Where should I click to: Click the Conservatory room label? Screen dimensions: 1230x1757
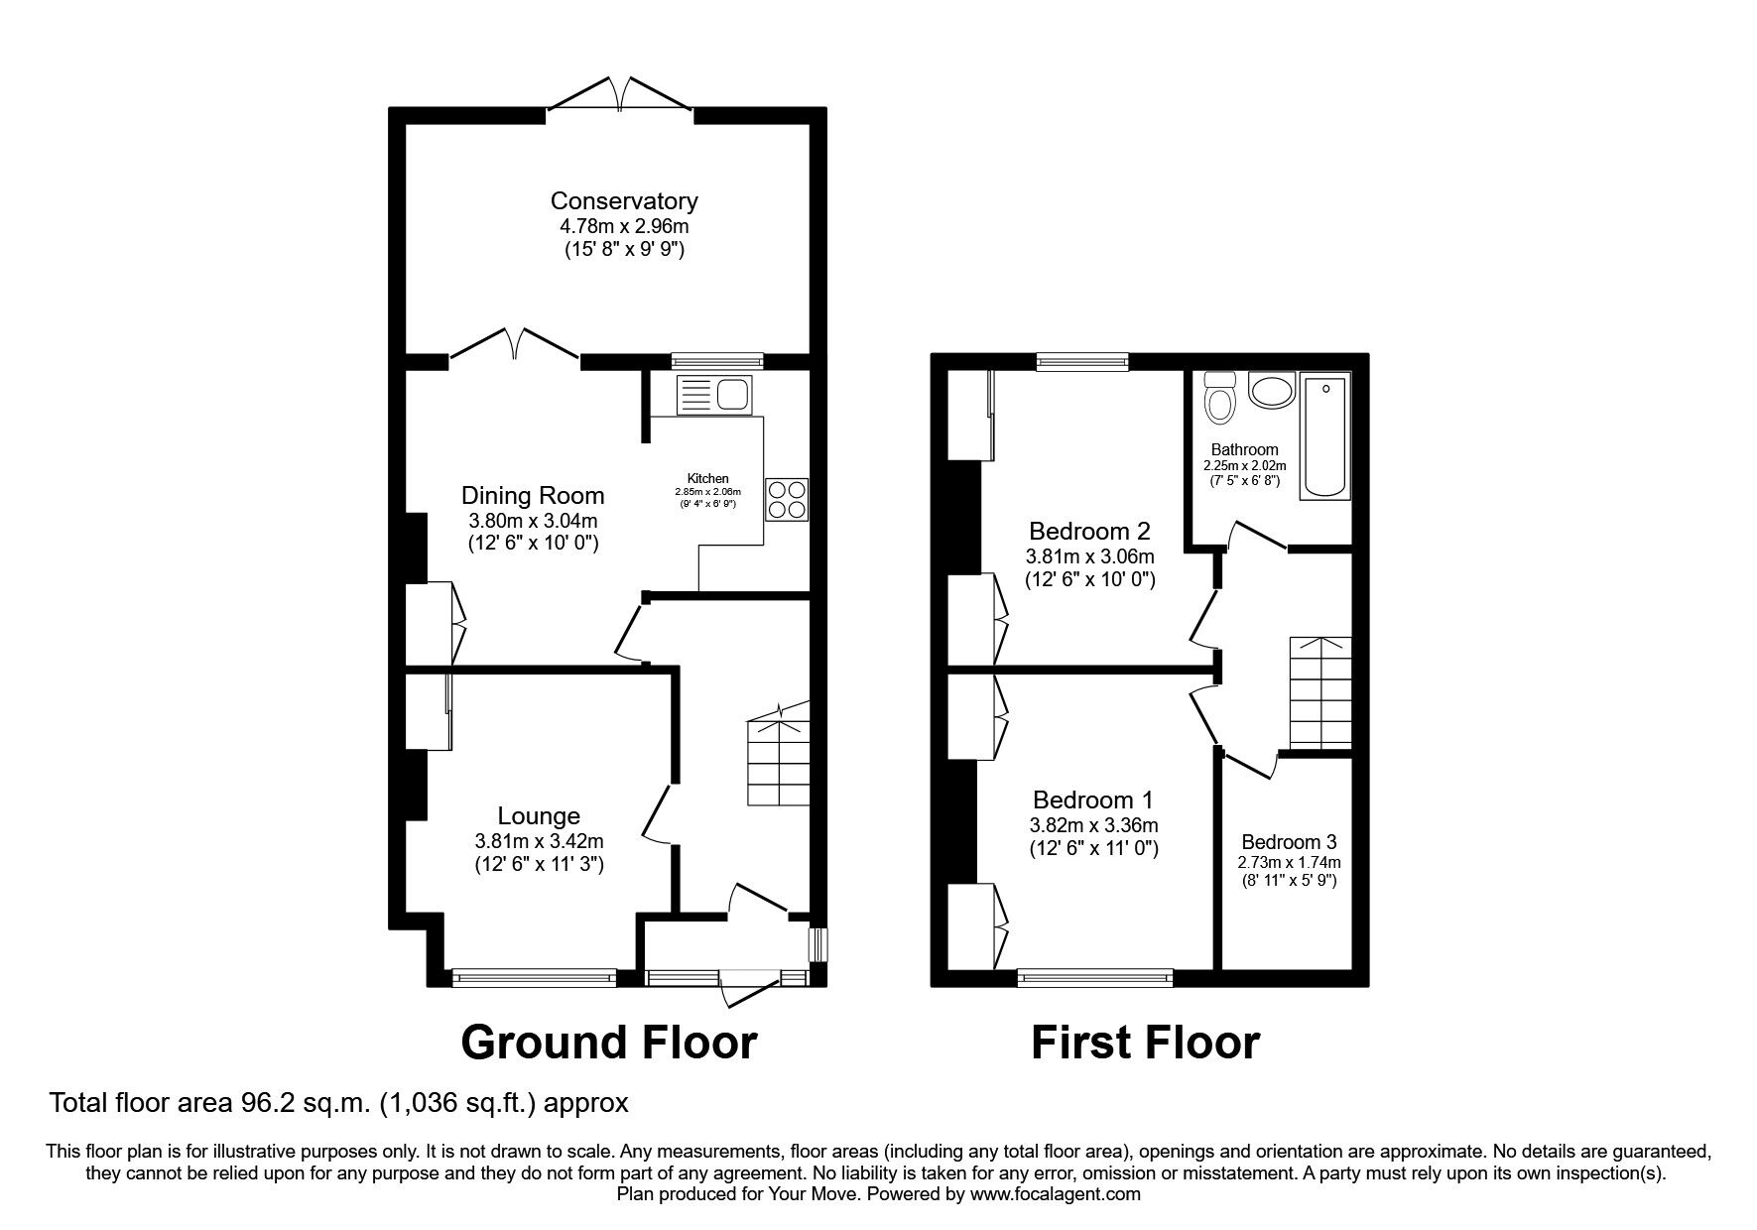pyautogui.click(x=624, y=201)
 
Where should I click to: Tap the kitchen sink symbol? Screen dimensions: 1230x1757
pyautogui.click(x=714, y=395)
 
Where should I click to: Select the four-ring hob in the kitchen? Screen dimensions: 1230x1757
pyautogui.click(x=786, y=498)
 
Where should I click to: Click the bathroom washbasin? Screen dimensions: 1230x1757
pyautogui.click(x=1272, y=390)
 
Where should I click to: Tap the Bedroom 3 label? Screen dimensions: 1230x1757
pyautogui.click(x=1289, y=842)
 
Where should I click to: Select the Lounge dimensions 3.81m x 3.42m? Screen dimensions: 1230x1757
pyautogui.click(x=539, y=841)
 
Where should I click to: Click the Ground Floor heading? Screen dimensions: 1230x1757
pyautogui.click(x=609, y=1043)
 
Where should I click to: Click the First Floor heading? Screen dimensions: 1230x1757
pyautogui.click(x=1145, y=1043)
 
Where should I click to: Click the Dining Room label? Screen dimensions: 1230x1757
pyautogui.click(x=533, y=495)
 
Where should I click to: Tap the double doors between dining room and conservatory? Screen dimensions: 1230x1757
pyautogui.click(x=513, y=344)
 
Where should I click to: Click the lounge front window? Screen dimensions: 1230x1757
pyautogui.click(x=534, y=978)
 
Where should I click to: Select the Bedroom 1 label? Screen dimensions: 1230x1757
pyautogui.click(x=1092, y=799)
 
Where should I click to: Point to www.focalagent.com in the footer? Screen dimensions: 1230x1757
pyautogui.click(x=1056, y=1194)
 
